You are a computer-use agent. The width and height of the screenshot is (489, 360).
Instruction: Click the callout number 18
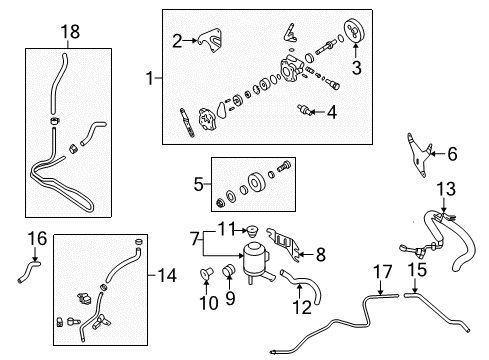click(70, 32)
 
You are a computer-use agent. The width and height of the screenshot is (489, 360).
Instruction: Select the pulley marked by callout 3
click(354, 31)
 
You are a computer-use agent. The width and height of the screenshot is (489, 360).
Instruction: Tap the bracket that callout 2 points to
click(211, 40)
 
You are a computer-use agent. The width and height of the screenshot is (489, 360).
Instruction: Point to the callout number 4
click(332, 112)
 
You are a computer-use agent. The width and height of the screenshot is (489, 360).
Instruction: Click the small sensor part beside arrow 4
click(305, 110)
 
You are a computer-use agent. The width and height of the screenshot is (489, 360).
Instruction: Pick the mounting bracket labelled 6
click(419, 155)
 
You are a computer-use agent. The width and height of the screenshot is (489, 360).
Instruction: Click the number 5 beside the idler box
click(198, 184)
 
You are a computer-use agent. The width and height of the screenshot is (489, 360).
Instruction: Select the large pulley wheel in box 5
click(256, 183)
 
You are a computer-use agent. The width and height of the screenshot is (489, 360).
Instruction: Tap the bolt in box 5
click(284, 166)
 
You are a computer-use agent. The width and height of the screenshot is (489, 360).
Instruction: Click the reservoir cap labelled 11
click(252, 231)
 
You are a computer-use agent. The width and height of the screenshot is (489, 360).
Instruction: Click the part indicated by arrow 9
click(229, 270)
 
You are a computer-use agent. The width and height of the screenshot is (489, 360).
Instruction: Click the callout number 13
click(446, 189)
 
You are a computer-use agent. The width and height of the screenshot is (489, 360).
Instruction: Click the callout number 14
click(167, 276)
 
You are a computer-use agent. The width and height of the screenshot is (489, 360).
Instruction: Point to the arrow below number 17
click(380, 287)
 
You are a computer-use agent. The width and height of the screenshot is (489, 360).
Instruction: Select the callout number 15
click(417, 270)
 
